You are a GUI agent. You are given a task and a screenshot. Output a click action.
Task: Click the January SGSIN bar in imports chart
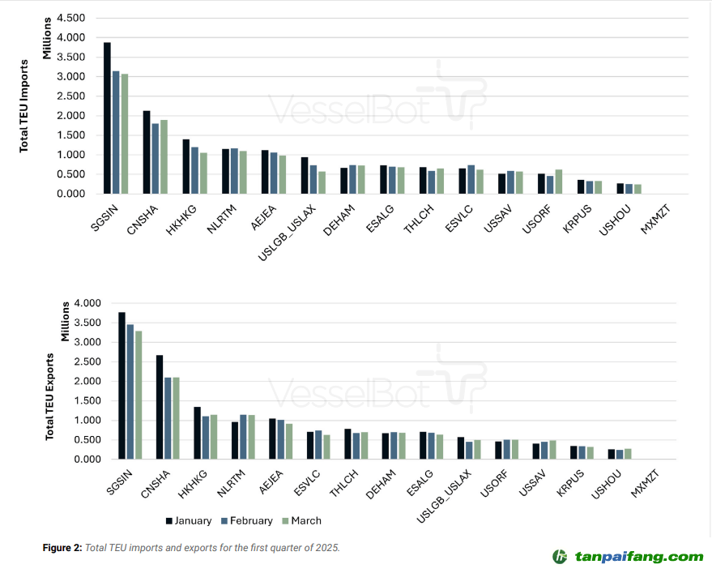(108, 118)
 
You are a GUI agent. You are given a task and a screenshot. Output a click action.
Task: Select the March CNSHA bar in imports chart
(164, 157)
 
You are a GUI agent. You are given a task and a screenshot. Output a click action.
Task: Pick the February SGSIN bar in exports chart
(129, 391)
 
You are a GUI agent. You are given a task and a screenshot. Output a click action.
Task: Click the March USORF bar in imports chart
(559, 182)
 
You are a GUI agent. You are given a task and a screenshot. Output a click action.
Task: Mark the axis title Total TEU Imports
(24, 105)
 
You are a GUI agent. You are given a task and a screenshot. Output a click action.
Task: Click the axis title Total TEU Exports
(49, 396)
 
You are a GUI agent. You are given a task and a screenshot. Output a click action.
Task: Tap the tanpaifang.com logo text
(639, 557)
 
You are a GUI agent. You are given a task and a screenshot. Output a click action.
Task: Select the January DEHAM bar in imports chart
(343, 181)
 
